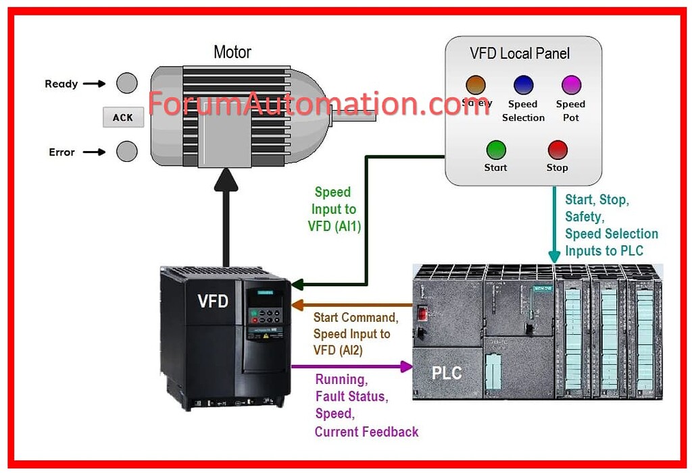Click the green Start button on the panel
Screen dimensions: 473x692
point(496,149)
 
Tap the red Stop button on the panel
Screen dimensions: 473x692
point(558,149)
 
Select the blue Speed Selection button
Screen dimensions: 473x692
point(523,85)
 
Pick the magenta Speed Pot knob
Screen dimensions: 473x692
point(571,85)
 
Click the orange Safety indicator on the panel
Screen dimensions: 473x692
point(476,85)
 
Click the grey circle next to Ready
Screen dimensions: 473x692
point(126,84)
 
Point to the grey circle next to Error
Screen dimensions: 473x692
point(126,152)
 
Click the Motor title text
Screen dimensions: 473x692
point(232,52)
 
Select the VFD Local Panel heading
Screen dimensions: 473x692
point(520,53)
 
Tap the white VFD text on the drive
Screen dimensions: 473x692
point(213,302)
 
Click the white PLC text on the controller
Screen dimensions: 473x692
point(447,372)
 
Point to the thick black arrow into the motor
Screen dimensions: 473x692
point(226,216)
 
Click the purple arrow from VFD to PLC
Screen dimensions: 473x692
point(351,366)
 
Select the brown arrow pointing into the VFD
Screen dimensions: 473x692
point(351,306)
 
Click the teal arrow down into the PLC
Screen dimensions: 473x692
point(554,226)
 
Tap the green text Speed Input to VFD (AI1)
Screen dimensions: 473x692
point(334,209)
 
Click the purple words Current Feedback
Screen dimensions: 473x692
point(367,432)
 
